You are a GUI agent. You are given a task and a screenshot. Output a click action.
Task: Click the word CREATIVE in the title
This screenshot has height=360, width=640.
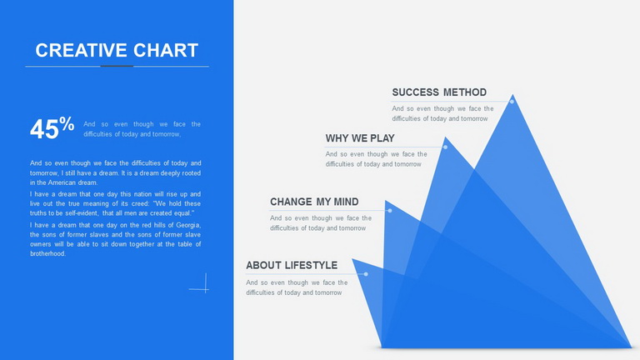(x=81, y=50)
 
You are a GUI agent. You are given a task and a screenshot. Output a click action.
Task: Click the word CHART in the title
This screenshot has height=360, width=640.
(x=166, y=50)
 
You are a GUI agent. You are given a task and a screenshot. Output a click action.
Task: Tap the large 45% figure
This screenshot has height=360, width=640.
(x=52, y=128)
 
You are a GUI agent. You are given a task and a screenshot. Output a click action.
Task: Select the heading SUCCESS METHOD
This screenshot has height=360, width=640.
(x=439, y=92)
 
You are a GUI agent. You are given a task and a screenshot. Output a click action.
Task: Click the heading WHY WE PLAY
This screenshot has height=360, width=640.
(x=360, y=138)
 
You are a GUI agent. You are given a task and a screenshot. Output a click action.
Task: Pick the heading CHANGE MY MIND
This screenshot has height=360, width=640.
(x=314, y=202)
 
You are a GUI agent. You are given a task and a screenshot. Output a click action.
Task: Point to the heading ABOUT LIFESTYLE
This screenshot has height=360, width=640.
(x=292, y=265)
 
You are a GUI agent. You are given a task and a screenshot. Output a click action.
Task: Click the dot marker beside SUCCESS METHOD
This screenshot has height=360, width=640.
(x=512, y=101)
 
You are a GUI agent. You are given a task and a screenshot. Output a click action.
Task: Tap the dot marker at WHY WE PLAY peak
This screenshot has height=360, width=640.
(x=445, y=147)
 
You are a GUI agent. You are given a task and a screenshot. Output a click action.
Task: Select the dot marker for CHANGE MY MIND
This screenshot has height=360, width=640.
(x=390, y=211)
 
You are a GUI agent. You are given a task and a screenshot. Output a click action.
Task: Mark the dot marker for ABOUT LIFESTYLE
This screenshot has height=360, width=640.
(x=366, y=274)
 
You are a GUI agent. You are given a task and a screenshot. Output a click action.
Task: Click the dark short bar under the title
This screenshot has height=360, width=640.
(x=117, y=66)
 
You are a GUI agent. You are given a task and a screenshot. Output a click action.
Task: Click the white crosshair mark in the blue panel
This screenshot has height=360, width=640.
(x=205, y=288)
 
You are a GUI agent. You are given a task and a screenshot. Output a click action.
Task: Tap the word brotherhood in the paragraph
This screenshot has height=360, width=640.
(x=47, y=253)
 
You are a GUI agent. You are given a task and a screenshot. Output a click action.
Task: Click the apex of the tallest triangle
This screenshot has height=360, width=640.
(x=512, y=95)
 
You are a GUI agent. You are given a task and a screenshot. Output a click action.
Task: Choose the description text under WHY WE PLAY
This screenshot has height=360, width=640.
(x=377, y=159)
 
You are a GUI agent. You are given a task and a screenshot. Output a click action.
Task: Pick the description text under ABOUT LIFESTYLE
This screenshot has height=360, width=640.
(x=297, y=287)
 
